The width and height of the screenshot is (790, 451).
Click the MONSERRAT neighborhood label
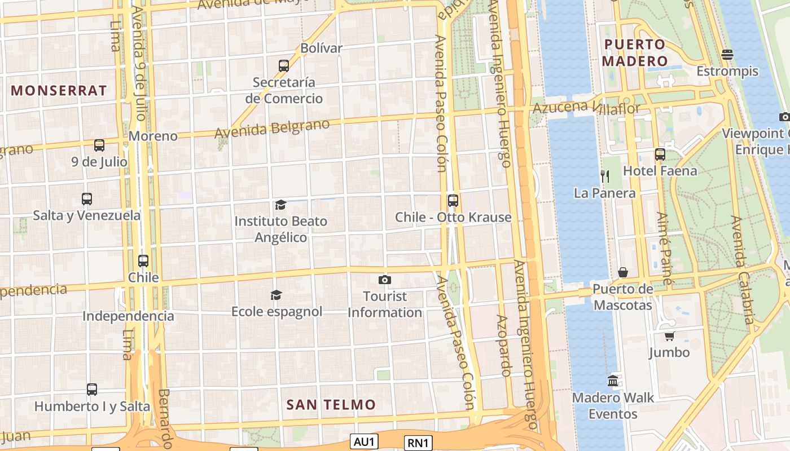(59, 90)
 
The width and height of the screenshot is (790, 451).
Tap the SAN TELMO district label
(331, 404)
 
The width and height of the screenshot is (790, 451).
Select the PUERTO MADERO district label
(635, 52)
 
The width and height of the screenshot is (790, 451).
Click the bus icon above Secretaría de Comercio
(284, 65)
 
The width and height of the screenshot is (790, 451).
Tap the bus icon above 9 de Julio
(99, 145)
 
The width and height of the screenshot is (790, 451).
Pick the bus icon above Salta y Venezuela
(86, 198)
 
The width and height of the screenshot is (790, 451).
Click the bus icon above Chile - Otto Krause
(453, 200)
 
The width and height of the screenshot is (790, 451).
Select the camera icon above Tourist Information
(384, 280)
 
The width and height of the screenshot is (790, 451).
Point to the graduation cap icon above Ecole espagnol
(276, 295)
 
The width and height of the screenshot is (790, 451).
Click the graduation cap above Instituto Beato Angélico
(280, 204)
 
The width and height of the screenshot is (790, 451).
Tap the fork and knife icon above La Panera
(604, 176)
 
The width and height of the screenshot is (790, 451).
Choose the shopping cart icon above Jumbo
(669, 336)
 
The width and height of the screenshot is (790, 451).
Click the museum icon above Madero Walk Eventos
(613, 381)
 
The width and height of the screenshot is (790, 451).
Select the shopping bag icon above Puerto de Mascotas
(622, 272)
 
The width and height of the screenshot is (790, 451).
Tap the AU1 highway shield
(364, 441)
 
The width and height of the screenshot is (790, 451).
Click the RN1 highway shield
(418, 443)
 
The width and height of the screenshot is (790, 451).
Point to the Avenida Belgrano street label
(272, 128)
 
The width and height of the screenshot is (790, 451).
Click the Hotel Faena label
(660, 170)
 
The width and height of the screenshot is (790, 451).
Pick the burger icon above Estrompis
(727, 55)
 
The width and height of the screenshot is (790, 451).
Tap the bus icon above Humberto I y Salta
(92, 389)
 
